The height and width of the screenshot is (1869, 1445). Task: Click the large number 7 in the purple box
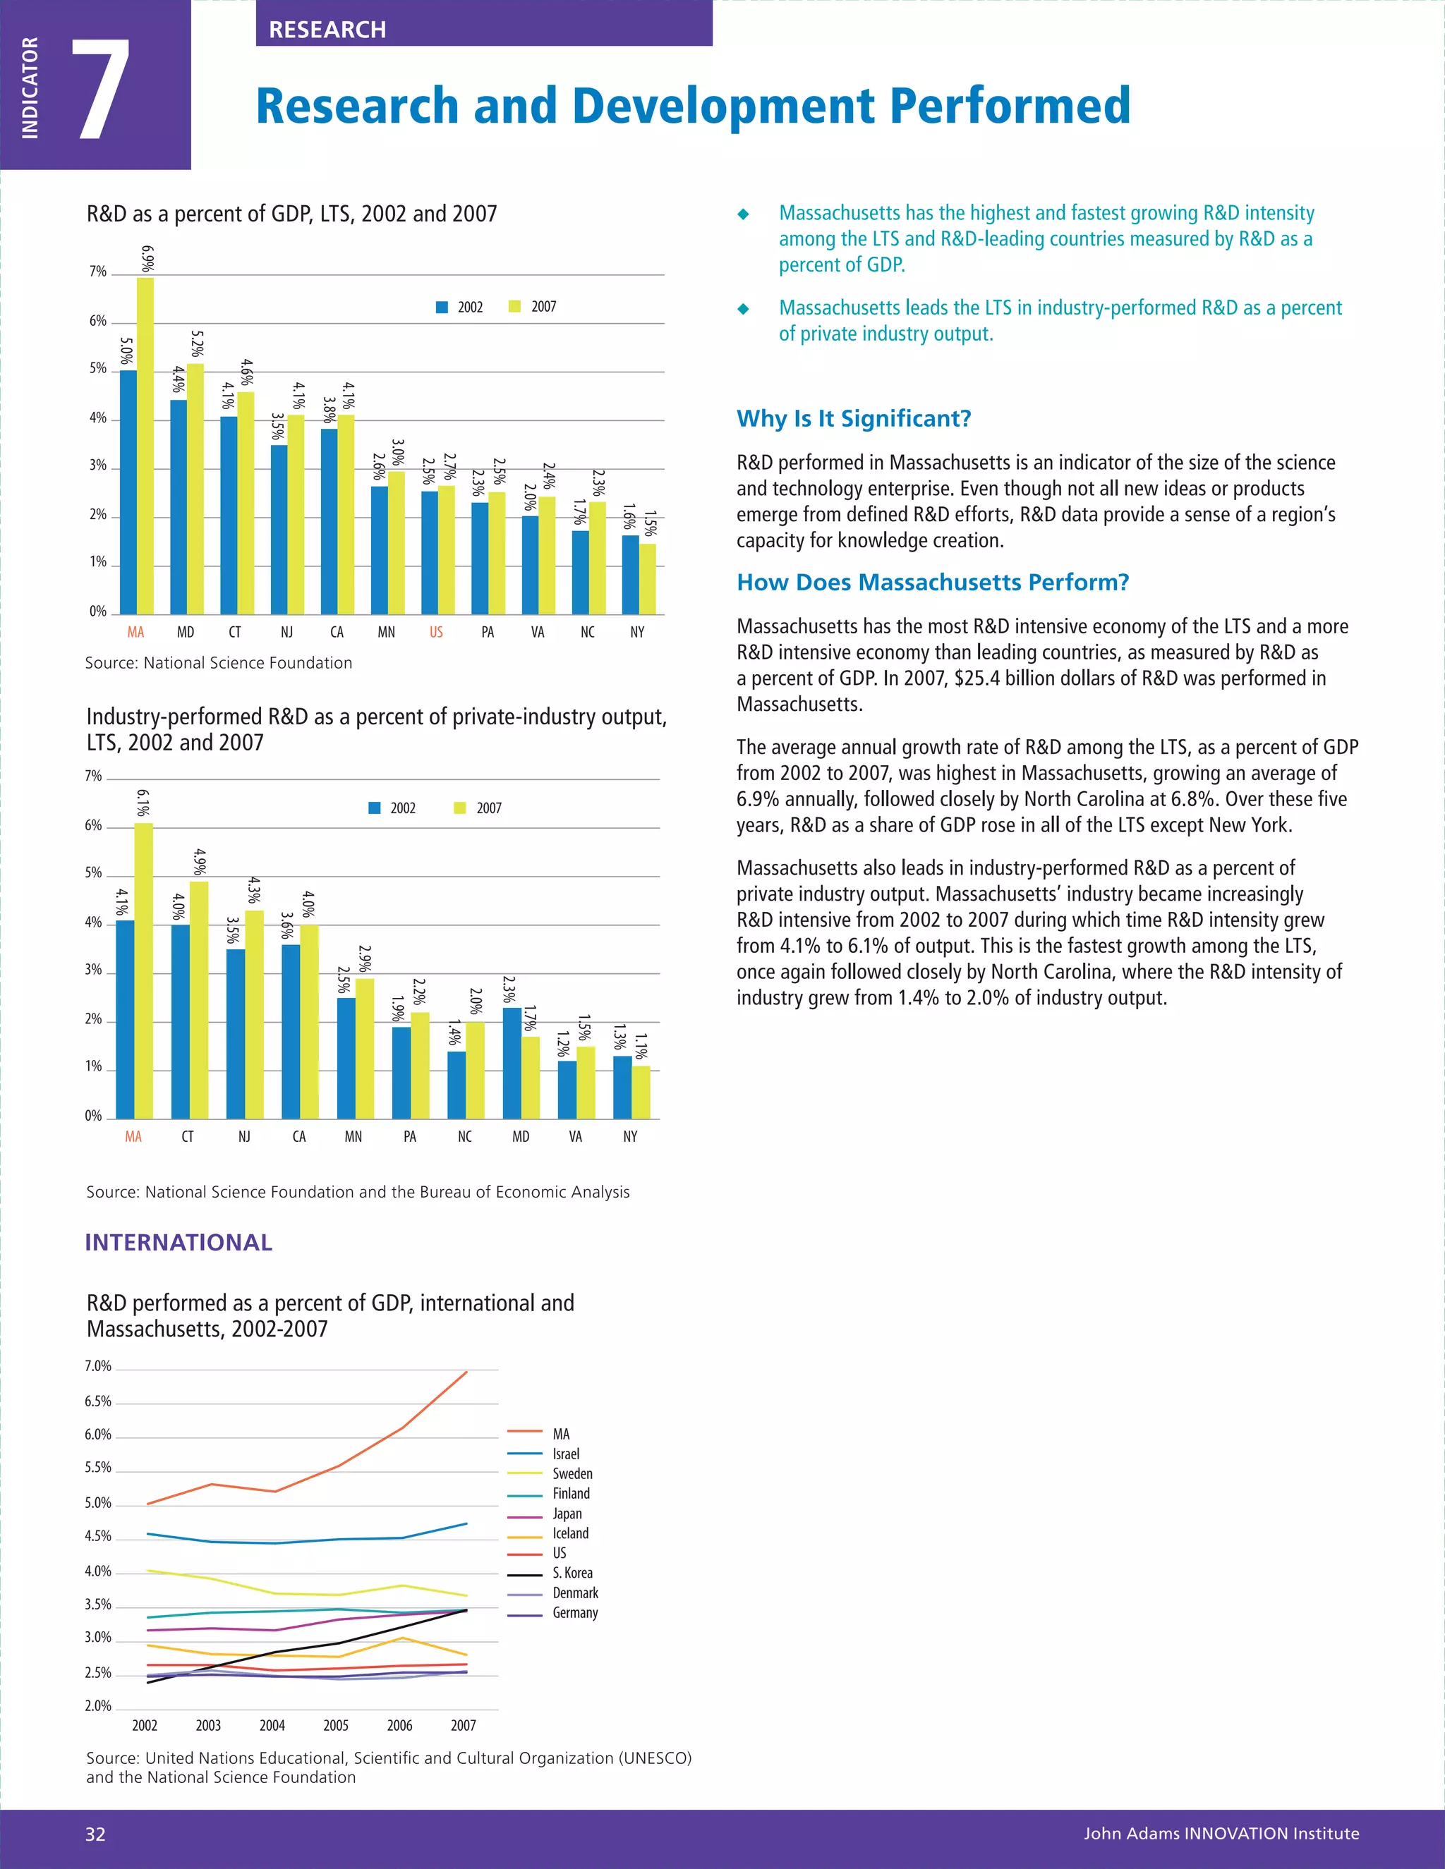[101, 90]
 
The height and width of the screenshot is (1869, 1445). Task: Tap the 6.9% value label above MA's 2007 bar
[147, 260]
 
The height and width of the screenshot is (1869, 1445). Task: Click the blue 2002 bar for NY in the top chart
[630, 574]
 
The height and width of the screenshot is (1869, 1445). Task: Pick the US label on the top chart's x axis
[436, 633]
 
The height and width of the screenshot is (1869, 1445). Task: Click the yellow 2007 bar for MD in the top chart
[195, 488]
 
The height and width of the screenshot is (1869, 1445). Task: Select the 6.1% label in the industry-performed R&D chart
[143, 803]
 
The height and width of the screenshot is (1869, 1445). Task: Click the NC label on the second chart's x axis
[465, 1136]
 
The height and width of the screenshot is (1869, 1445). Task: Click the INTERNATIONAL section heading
[178, 1243]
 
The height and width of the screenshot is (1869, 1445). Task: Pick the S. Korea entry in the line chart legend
[572, 1573]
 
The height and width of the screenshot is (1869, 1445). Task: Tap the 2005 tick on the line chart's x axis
[336, 1725]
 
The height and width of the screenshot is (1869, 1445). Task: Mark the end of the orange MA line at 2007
[466, 1372]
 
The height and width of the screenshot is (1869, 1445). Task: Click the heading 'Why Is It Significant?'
[854, 418]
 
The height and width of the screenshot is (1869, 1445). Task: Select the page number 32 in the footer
[95, 1834]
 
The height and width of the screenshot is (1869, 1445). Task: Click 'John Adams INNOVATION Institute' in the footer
[1221, 1834]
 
